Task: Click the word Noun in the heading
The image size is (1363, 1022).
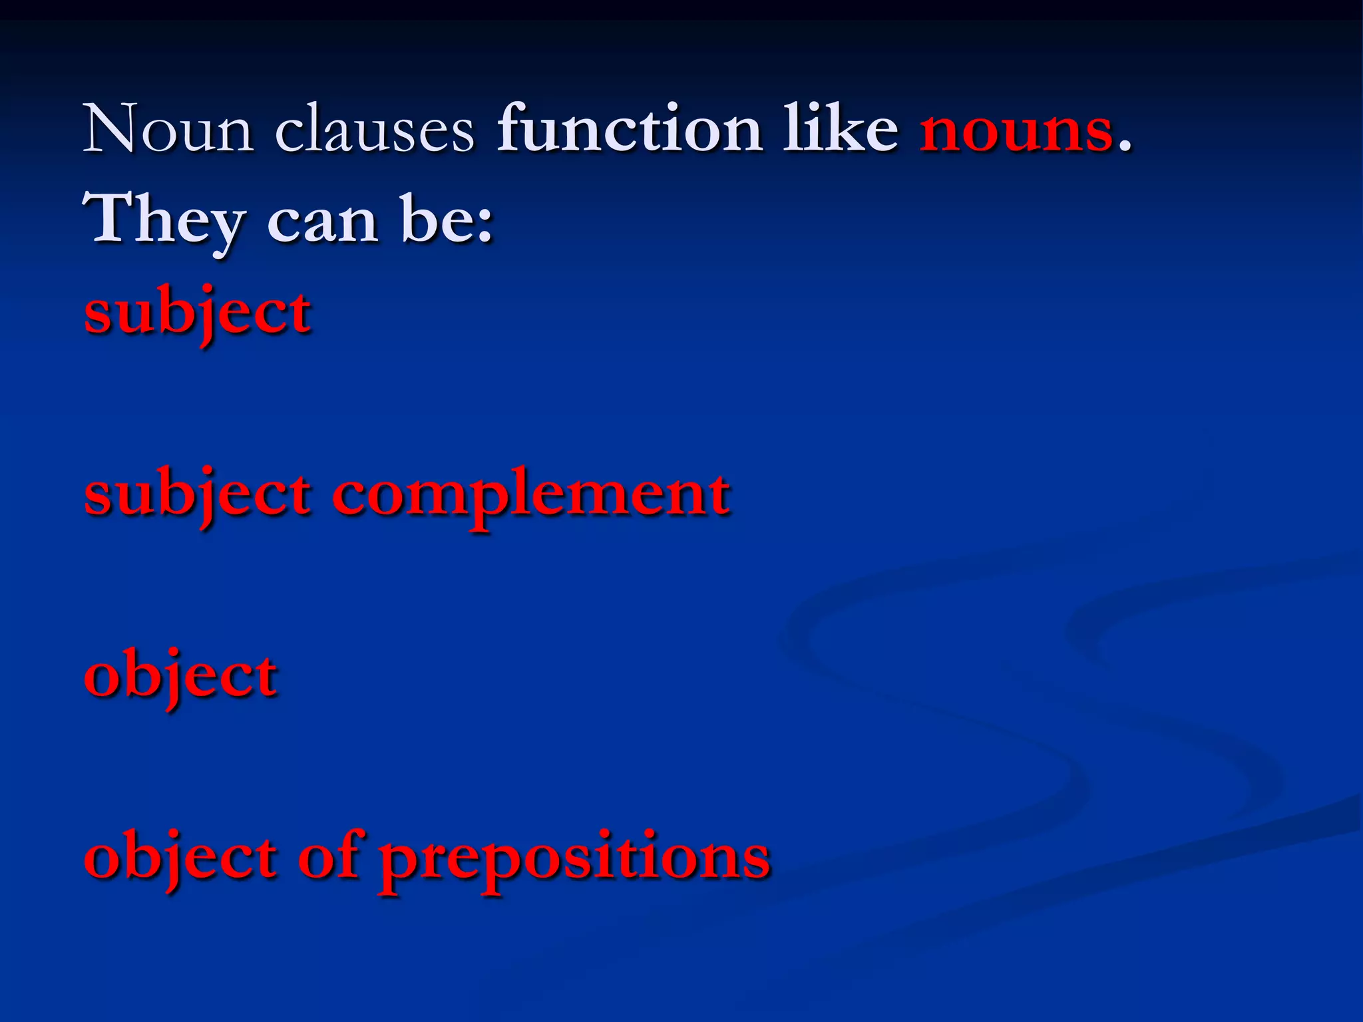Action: click(x=168, y=129)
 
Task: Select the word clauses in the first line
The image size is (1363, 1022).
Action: click(x=375, y=129)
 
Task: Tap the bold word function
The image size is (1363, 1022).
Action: click(x=630, y=128)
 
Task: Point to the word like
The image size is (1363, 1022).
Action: click(x=840, y=128)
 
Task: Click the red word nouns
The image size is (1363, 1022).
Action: click(x=1016, y=129)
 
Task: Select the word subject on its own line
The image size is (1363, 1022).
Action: click(x=198, y=313)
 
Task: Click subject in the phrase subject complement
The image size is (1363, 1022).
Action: click(x=198, y=496)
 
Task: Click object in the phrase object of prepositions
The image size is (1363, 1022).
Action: click(x=180, y=858)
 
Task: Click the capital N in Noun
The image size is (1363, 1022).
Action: click(x=110, y=128)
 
